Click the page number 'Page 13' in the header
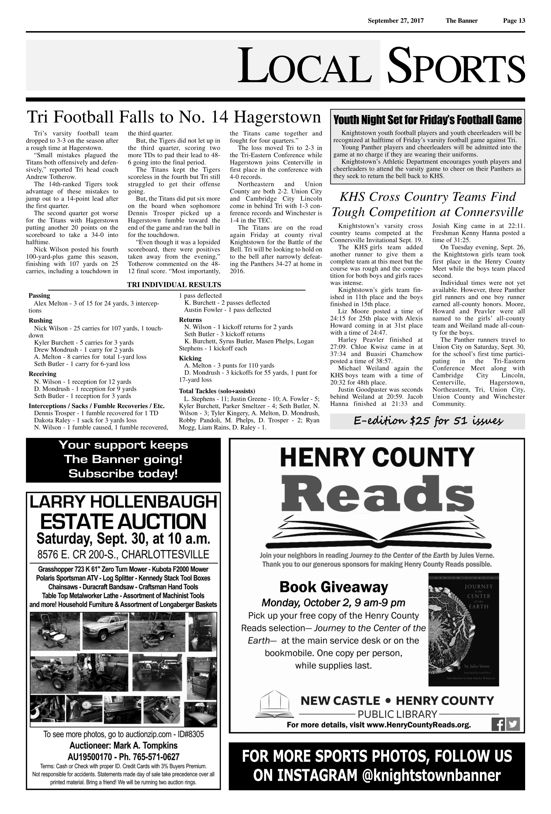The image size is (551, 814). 514,21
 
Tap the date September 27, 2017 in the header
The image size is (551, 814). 396,21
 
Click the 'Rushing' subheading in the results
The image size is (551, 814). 40,320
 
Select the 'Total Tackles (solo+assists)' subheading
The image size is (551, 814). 217,391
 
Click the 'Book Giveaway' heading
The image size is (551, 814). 333,587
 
